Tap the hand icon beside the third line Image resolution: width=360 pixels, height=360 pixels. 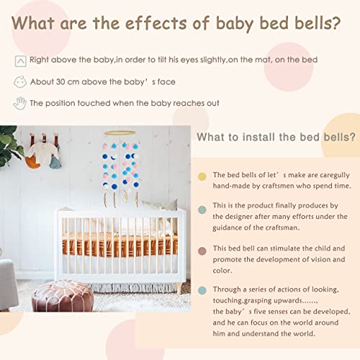pos(19,103)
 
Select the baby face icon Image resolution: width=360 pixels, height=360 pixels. pos(19,82)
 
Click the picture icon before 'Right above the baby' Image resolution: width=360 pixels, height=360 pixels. pos(19,61)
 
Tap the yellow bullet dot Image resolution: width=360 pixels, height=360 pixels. pos(202,176)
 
